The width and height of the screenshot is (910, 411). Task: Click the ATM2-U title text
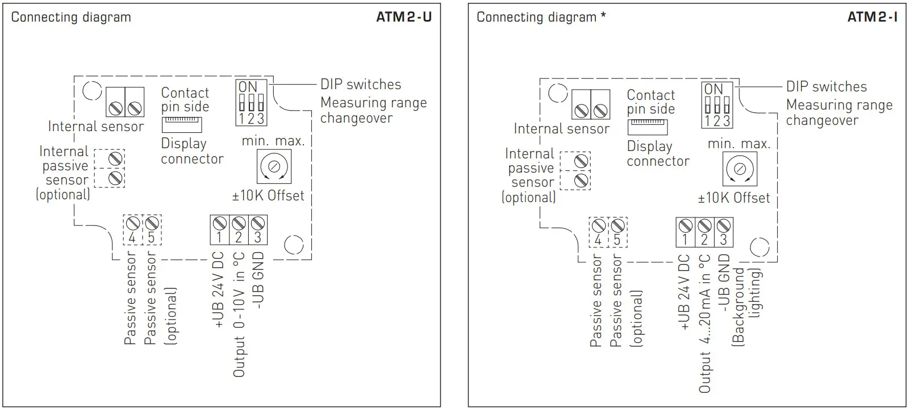[403, 17]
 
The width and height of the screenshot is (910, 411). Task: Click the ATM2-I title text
[872, 17]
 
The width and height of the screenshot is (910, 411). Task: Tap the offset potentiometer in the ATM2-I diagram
[740, 169]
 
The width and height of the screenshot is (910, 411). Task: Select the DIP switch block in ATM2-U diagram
[251, 103]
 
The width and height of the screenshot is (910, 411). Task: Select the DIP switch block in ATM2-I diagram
[717, 105]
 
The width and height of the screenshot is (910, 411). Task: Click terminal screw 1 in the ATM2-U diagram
[220, 223]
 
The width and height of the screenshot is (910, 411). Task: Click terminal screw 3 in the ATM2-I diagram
[723, 225]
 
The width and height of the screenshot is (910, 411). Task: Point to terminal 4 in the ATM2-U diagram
[132, 229]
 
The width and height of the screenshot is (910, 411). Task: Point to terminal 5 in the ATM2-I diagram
[617, 232]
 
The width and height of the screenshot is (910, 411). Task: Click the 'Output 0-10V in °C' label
[239, 314]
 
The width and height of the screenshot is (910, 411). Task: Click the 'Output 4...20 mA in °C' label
[705, 324]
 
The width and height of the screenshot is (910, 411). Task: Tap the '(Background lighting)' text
[746, 306]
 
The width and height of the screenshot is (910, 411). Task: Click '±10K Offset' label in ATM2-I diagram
[734, 198]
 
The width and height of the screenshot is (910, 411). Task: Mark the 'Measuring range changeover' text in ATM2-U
[373, 110]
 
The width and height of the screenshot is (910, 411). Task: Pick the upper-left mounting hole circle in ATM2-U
[91, 91]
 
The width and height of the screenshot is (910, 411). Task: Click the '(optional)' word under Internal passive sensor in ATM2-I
[528, 197]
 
